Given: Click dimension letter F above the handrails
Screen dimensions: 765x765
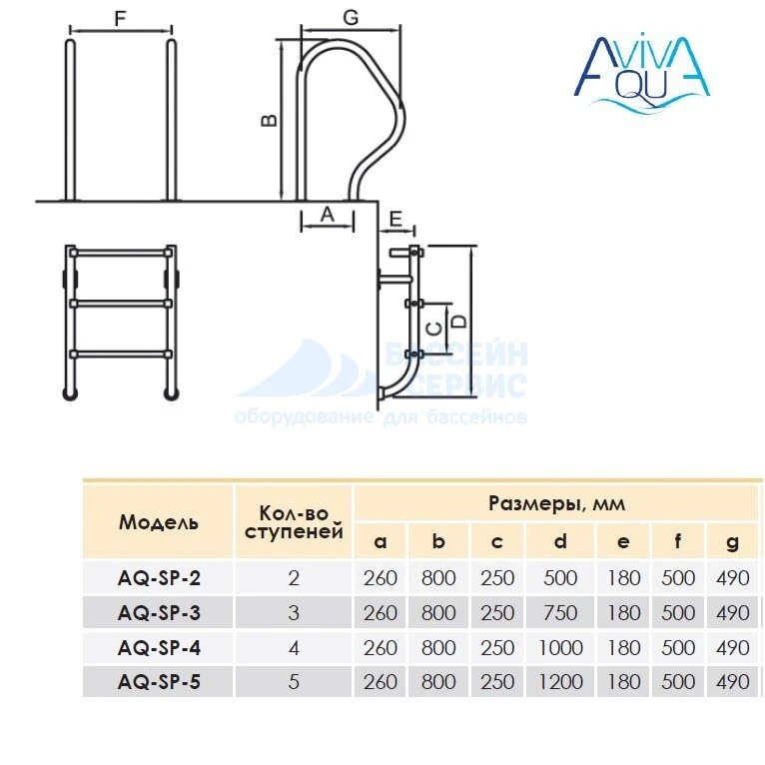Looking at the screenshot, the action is pyautogui.click(x=121, y=19).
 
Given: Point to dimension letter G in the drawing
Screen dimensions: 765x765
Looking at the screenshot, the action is pyautogui.click(x=350, y=17).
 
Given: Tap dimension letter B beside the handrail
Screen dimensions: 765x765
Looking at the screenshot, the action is pyautogui.click(x=268, y=120).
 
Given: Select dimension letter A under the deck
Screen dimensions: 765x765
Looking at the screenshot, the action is pyautogui.click(x=326, y=213).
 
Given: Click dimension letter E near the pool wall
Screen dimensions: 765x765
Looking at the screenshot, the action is pyautogui.click(x=394, y=219).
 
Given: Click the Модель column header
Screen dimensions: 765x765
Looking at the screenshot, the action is pyautogui.click(x=158, y=521).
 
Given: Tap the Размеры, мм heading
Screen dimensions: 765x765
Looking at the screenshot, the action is pyautogui.click(x=556, y=502).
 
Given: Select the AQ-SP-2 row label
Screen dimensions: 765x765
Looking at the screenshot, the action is pyautogui.click(x=159, y=578).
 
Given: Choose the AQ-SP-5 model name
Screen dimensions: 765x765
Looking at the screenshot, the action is pyautogui.click(x=159, y=682).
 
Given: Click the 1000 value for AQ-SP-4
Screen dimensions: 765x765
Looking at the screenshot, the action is pyautogui.click(x=560, y=648).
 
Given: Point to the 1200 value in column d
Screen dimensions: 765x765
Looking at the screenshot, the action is pyautogui.click(x=560, y=682).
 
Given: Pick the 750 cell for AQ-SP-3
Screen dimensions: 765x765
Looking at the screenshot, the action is pyautogui.click(x=560, y=613).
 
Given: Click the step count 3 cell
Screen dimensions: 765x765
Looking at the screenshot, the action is pyautogui.click(x=294, y=613).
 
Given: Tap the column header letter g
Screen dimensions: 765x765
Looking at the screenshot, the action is pyautogui.click(x=733, y=542).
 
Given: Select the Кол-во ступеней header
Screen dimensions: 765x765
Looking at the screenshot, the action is pyautogui.click(x=294, y=520).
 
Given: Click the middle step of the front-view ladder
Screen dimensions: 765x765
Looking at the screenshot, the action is pyautogui.click(x=121, y=301).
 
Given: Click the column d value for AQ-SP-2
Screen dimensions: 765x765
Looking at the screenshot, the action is pyautogui.click(x=560, y=578).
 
